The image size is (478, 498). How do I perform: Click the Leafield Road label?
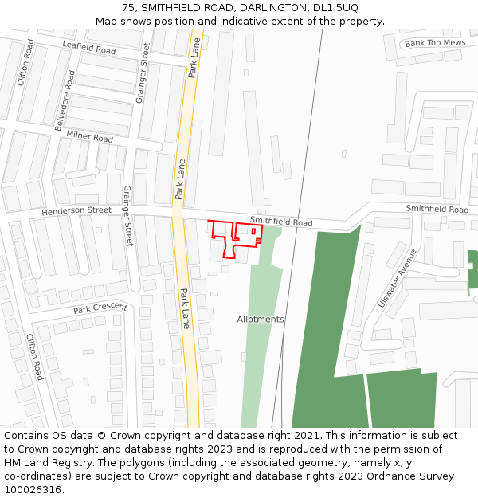pyautogui.click(x=88, y=49)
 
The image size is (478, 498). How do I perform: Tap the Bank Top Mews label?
pyautogui.click(x=434, y=43)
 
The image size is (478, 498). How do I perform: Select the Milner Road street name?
pyautogui.click(x=89, y=138)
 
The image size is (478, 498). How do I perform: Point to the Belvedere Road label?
pyautogui.click(x=65, y=100)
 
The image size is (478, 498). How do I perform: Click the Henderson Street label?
pyautogui.click(x=76, y=210)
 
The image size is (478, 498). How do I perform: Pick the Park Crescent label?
pyautogui.click(x=100, y=308)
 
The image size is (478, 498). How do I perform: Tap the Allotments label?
pyautogui.click(x=261, y=319)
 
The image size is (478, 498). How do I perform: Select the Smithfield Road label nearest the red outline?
pyautogui.click(x=281, y=222)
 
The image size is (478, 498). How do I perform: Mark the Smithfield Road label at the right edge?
pyautogui.click(x=437, y=209)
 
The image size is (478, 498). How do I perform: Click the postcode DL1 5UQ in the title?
pyautogui.click(x=335, y=8)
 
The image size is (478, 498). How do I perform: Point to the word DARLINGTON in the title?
pyautogui.click(x=268, y=8)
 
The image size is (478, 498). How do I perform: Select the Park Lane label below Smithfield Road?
pyautogui.click(x=184, y=308)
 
